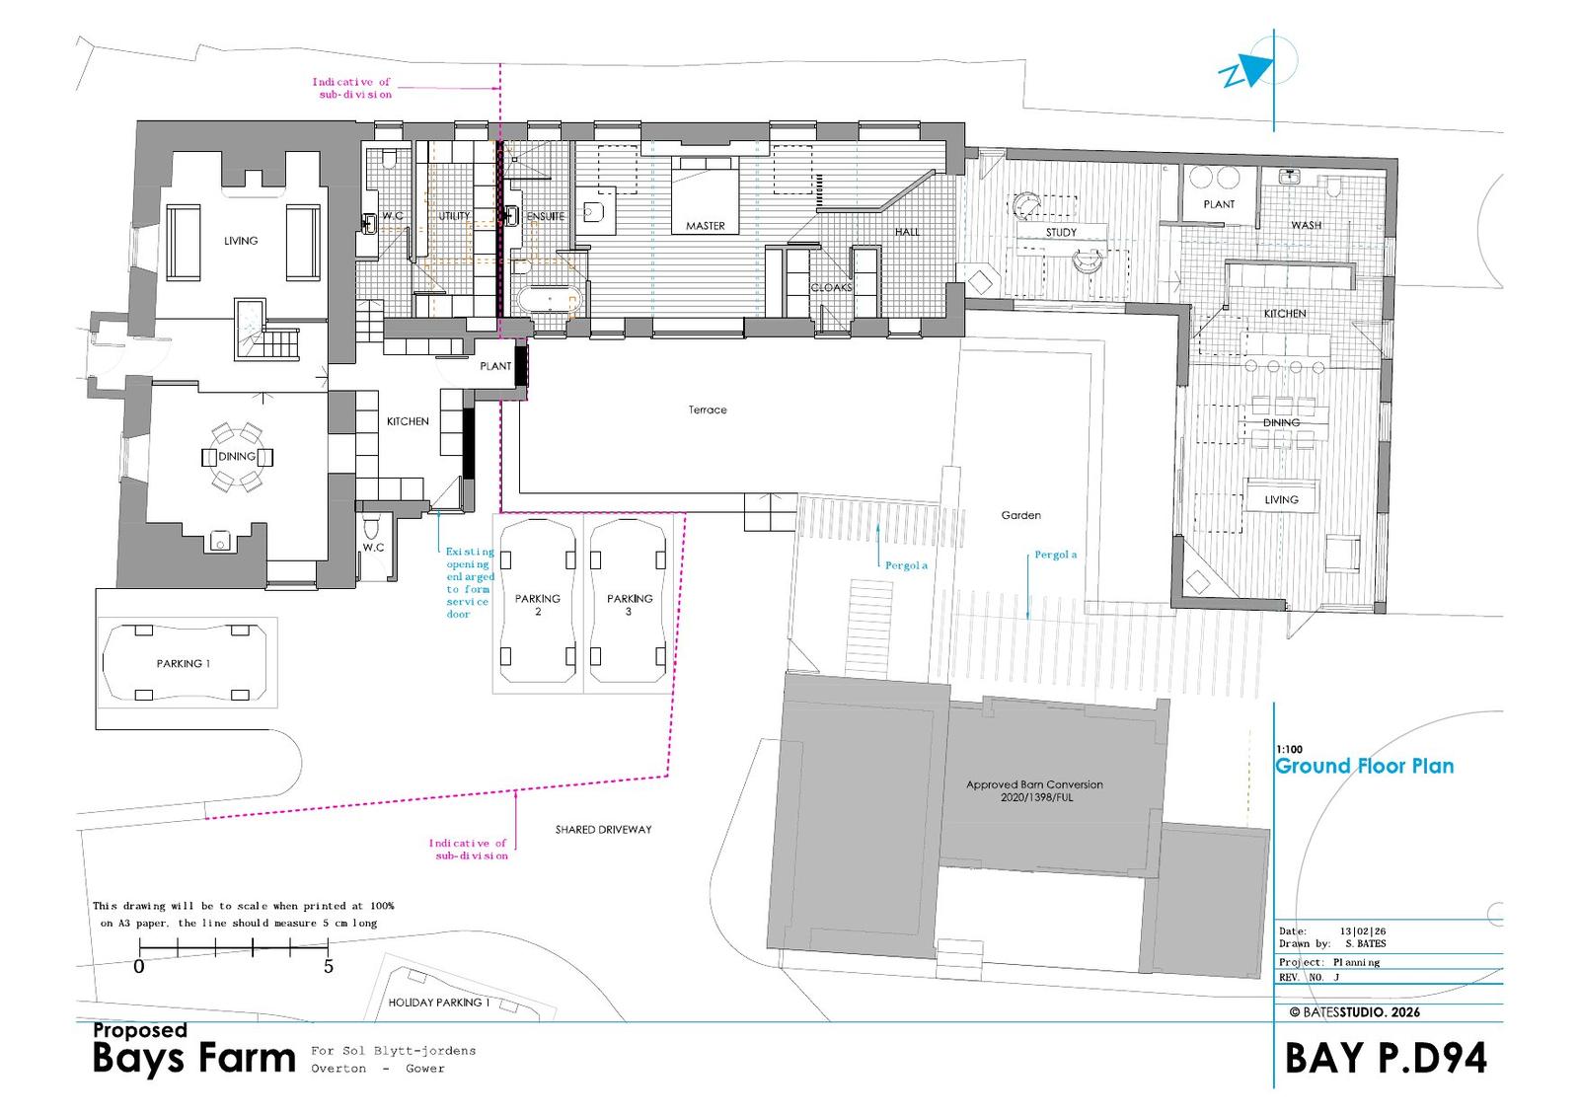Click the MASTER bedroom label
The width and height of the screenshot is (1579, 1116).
coord(705,226)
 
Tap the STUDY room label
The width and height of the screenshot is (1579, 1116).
coord(1061,233)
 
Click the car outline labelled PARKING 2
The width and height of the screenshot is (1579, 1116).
coord(538,601)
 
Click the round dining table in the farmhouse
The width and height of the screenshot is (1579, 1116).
coord(237,457)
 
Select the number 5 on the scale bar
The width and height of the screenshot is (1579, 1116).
coord(329,967)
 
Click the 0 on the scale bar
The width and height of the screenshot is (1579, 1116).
coord(139,967)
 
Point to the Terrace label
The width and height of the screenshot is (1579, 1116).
coord(708,409)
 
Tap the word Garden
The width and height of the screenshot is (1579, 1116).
coord(1020,515)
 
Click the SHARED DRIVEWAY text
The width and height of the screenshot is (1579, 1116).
coord(603,830)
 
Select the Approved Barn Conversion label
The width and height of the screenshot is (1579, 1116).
coord(1034,790)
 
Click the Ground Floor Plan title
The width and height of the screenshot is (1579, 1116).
coord(1365,767)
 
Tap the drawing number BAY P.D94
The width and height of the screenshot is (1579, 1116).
coord(1386,1058)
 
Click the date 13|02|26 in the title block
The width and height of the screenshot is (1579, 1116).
coord(1363,931)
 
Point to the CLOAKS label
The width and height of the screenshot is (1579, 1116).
coord(831,288)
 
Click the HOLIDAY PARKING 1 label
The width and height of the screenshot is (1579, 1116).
coord(438,1002)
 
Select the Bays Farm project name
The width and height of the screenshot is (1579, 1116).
coord(193,1059)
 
